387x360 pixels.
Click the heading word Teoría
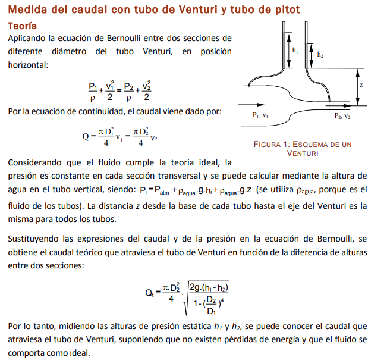coord(22,26)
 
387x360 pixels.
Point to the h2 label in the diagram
coord(320,55)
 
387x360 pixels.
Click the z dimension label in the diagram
coord(361,85)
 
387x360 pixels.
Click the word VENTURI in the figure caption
coord(303,153)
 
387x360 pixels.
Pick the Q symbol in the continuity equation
coord(86,137)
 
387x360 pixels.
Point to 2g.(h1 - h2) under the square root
coord(209,288)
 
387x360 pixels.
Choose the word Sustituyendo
coord(34,239)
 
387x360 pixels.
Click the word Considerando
coord(36,162)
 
